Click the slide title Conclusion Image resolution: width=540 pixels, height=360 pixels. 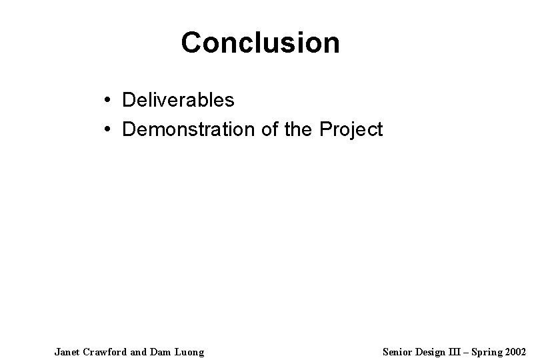pos(260,43)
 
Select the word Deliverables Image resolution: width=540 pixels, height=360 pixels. pos(178,101)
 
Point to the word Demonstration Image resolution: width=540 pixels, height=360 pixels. pos(186,129)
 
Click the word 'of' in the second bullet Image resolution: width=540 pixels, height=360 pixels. pos(265,129)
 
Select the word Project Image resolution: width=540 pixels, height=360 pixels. pos(352,129)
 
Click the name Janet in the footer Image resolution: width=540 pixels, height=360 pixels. pos(67,351)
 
